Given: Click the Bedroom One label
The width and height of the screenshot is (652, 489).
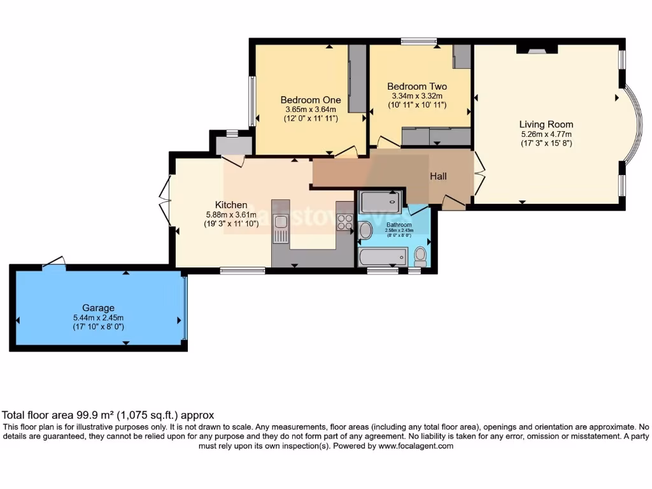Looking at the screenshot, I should (311, 100).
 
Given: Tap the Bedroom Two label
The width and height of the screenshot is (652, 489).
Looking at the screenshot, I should (417, 87).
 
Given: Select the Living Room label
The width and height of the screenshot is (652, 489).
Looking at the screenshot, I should (546, 124).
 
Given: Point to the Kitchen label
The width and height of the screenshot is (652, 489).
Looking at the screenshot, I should (230, 204).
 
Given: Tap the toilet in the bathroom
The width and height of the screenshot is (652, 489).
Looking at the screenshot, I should (420, 256).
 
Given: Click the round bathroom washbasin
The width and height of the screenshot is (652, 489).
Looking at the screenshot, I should (365, 230).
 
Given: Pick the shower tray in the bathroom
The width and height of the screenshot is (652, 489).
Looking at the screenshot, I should (380, 202).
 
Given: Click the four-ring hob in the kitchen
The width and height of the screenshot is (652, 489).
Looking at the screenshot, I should (344, 222).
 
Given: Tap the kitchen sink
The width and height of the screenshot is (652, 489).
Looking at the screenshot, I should (280, 228).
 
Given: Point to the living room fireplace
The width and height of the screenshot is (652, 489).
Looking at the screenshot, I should (536, 48).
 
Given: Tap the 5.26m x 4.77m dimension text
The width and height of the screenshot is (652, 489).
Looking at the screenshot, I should (546, 134).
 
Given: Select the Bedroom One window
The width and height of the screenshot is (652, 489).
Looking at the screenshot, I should (252, 101).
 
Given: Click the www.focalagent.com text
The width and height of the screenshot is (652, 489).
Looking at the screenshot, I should (416, 446).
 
